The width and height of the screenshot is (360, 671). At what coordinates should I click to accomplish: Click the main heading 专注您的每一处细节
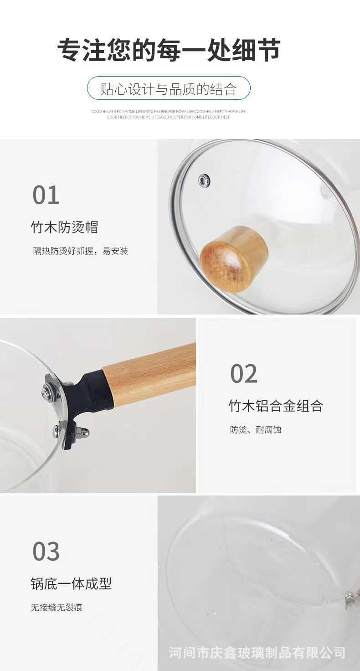click(169, 50)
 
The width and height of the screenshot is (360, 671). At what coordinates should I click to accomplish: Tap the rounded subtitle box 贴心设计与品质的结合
click(169, 88)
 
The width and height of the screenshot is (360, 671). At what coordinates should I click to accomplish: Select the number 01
click(46, 195)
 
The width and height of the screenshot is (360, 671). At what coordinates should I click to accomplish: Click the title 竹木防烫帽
click(64, 227)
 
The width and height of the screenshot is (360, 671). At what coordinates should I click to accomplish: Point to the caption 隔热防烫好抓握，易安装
click(80, 251)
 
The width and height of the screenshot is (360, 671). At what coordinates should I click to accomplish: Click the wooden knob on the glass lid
click(233, 258)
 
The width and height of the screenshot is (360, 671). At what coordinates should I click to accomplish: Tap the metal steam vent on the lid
click(204, 181)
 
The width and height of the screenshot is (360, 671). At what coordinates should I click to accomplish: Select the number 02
click(243, 374)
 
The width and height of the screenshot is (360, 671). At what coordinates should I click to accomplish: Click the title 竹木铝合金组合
click(275, 406)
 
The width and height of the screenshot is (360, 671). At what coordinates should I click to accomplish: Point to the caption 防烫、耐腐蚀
click(255, 430)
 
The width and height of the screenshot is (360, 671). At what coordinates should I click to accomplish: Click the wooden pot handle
click(150, 374)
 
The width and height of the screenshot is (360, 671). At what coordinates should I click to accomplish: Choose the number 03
click(46, 552)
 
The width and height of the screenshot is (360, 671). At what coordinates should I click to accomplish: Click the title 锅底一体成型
click(71, 583)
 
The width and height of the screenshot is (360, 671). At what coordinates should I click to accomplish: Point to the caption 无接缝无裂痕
click(57, 608)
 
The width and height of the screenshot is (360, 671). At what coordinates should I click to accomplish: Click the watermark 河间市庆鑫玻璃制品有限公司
click(257, 653)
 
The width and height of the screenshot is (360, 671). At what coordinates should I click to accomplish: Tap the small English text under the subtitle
click(169, 114)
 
